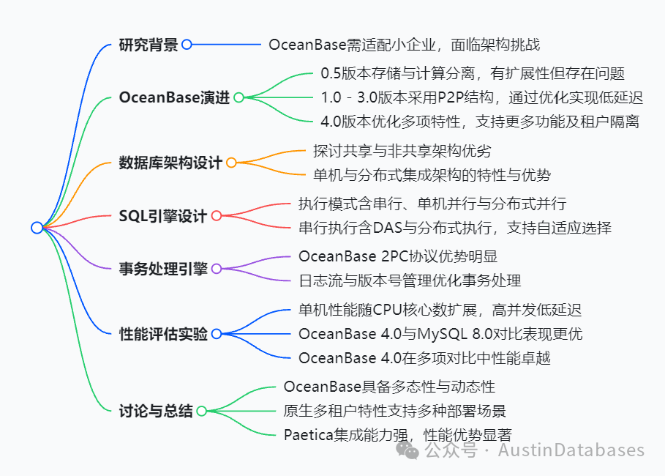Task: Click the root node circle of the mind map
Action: pyautogui.click(x=37, y=228)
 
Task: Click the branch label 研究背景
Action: pyautogui.click(x=149, y=45)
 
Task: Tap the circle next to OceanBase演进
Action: pyautogui.click(x=238, y=97)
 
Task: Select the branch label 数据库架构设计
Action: pyautogui.click(x=170, y=163)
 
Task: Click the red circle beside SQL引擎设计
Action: pyautogui.click(x=217, y=215)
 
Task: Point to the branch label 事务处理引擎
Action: pyautogui.click(x=162, y=268)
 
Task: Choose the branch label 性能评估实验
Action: pyautogui.click(x=162, y=334)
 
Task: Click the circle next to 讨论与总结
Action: pyautogui.click(x=201, y=411)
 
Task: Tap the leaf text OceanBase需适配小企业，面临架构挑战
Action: pyautogui.click(x=404, y=45)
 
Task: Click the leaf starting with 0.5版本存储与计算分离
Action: pyautogui.click(x=473, y=73)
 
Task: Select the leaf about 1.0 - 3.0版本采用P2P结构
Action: pyautogui.click(x=481, y=97)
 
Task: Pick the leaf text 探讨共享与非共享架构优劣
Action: pyautogui.click(x=402, y=151)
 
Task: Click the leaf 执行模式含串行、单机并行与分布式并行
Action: pyautogui.click(x=432, y=204)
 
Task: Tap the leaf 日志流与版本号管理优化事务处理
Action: pyautogui.click(x=409, y=280)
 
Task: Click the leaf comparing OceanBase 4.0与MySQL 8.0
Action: pyautogui.click(x=440, y=334)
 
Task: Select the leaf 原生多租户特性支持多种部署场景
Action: pyautogui.click(x=394, y=410)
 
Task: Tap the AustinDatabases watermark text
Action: pyautogui.click(x=571, y=450)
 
